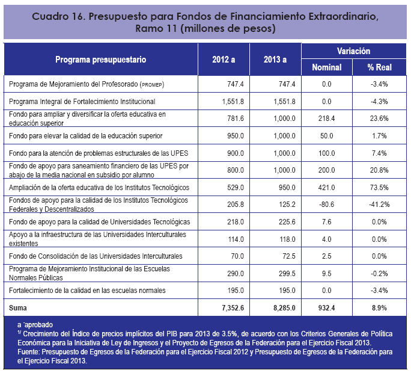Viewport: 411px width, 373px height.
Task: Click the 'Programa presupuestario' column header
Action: pos(100,60)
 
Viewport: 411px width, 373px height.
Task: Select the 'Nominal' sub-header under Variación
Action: pos(326,67)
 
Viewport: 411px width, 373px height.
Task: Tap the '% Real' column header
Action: pos(379,67)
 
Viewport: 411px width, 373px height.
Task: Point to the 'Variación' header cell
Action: pos(353,51)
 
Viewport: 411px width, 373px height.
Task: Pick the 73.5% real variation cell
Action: pos(379,188)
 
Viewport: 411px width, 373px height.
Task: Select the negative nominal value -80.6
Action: pos(326,205)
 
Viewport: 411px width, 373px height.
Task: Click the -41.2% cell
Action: pos(379,205)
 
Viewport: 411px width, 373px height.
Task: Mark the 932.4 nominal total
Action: pos(326,308)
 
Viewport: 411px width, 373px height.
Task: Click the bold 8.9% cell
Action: pos(379,308)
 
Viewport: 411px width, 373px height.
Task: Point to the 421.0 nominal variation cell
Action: pos(326,188)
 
